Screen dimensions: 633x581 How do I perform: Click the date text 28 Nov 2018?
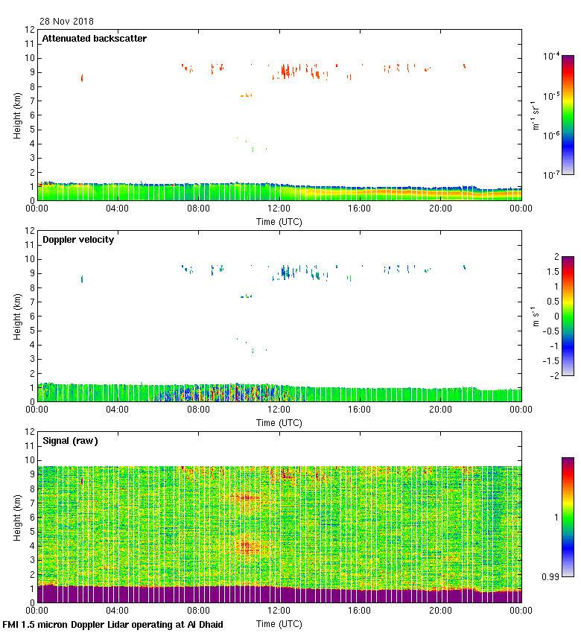[67, 22]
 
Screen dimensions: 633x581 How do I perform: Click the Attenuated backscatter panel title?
[95, 38]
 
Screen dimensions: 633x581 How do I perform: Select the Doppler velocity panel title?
[78, 240]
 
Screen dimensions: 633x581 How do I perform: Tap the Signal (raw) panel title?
[71, 441]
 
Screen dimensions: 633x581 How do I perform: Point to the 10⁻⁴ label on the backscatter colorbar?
[552, 57]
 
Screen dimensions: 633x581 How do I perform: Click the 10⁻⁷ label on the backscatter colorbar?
[552, 175]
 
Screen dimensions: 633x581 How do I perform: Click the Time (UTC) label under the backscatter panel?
[279, 221]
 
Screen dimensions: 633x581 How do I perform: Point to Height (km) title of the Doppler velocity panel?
[16, 316]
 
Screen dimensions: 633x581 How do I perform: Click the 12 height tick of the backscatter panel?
[31, 30]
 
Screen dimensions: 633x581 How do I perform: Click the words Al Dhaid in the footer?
[203, 624]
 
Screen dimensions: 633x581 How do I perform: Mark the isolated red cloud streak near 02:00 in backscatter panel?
[82, 77]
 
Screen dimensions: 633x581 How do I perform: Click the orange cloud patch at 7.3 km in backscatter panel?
[246, 95]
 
